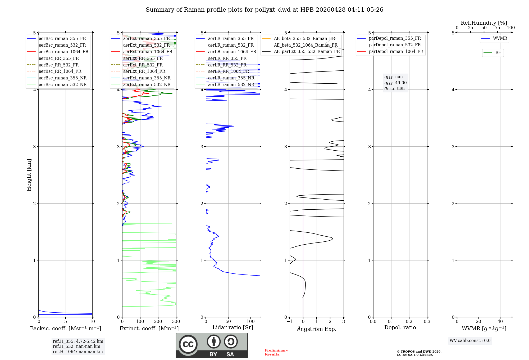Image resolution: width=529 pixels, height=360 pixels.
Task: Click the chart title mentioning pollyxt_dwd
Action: coord(264,10)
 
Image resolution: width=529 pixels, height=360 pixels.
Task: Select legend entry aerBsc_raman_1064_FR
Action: coord(63,52)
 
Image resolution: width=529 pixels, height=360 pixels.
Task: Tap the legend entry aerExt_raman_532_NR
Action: coord(147,85)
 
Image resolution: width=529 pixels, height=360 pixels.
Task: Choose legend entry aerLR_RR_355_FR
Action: coord(227,58)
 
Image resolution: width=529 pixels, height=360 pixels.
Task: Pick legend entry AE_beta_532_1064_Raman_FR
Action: coord(305,45)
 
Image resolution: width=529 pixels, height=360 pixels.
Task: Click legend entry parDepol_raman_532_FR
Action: coord(395,45)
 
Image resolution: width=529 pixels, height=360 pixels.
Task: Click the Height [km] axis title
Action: coord(29,175)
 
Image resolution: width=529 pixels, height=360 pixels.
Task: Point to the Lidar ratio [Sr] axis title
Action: coord(233,328)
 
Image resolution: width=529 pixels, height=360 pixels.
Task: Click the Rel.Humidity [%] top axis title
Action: coord(484,23)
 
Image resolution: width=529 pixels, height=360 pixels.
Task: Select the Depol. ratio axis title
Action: coord(400,328)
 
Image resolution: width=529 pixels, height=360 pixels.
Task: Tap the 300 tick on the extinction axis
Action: coord(176,322)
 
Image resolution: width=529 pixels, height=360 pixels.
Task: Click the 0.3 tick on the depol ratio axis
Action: coord(427,322)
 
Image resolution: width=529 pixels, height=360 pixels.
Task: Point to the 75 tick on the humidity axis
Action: coord(497,28)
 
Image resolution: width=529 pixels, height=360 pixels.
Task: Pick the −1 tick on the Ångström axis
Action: coord(289,322)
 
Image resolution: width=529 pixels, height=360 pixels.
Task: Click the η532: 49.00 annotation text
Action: coord(395,83)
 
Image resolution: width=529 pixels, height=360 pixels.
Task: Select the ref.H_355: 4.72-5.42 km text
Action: coord(78,341)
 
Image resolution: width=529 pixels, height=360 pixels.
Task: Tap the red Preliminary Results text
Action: coord(276,352)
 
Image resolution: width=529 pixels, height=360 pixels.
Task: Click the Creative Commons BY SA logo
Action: coord(212,345)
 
